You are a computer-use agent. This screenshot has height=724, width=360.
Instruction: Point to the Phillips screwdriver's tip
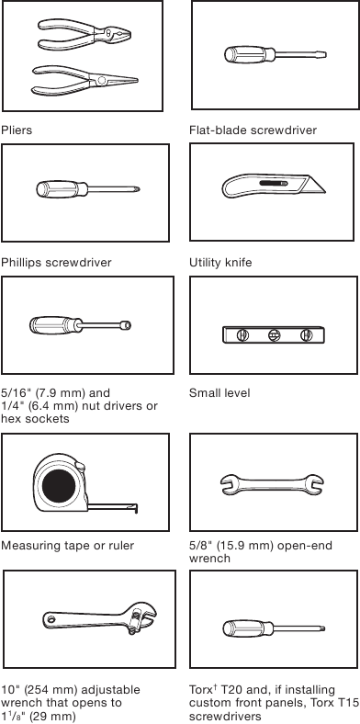[136, 190]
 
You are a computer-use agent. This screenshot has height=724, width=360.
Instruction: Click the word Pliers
[17, 130]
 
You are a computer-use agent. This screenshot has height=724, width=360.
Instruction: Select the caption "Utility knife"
[220, 263]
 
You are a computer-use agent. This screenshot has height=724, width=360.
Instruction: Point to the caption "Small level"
[219, 393]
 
